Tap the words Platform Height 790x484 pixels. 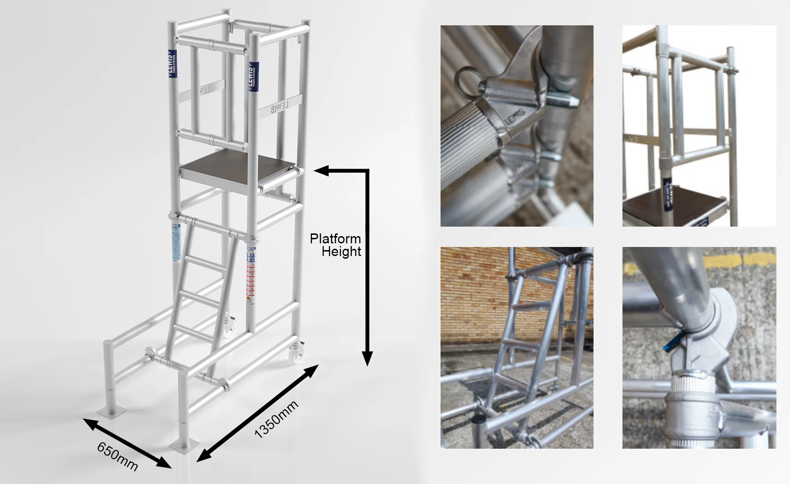coord(335,245)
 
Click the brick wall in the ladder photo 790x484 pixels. coord(475,294)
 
